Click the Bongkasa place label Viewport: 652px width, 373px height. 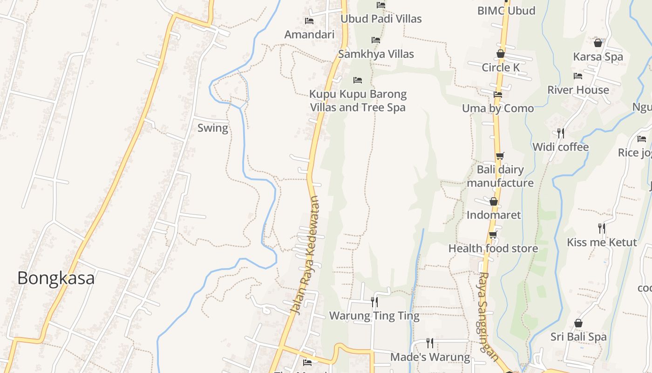[56, 278]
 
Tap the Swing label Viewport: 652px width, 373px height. [213, 128]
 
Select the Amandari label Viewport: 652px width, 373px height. [309, 35]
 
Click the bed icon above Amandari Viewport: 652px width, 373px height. [309, 21]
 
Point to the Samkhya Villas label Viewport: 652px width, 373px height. [376, 54]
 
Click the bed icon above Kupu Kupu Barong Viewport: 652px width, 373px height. [358, 80]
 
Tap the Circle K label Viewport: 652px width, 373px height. [501, 68]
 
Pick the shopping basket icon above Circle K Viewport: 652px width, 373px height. [501, 54]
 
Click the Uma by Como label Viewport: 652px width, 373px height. [498, 109]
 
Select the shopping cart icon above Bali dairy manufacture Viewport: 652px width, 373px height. [500, 156]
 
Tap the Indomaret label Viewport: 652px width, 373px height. [494, 215]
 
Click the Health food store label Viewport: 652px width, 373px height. [493, 249]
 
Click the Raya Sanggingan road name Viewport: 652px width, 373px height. [488, 316]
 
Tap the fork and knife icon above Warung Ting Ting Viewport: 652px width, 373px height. [374, 302]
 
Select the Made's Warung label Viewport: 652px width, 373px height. [430, 358]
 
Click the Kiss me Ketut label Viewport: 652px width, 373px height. [602, 242]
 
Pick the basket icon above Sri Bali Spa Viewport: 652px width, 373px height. [578, 323]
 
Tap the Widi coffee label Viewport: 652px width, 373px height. [561, 147]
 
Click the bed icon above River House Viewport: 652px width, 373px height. [578, 76]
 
